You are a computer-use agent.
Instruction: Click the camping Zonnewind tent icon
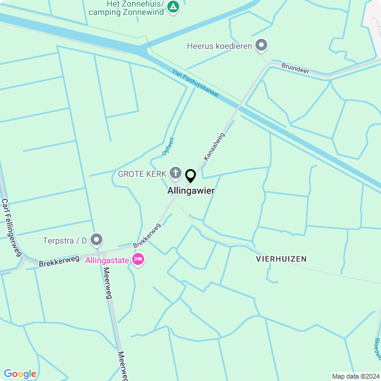point(173,7)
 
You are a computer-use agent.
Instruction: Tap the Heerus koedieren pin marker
point(261,45)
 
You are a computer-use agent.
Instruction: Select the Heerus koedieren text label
point(219,45)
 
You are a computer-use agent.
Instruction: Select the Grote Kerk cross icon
point(175,173)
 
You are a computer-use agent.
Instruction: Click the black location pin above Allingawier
point(190,176)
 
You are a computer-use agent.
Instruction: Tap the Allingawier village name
point(191,191)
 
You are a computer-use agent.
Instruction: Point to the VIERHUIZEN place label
point(281,259)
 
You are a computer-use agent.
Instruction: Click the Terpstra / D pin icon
point(96,240)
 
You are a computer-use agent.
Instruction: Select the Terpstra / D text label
point(65,241)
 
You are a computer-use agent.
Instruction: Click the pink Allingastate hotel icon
point(139,260)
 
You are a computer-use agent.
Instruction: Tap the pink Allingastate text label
point(108,260)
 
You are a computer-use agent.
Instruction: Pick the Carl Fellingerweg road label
point(11,226)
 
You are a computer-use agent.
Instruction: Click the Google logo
point(20,373)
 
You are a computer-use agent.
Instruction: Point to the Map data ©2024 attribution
point(355,376)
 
